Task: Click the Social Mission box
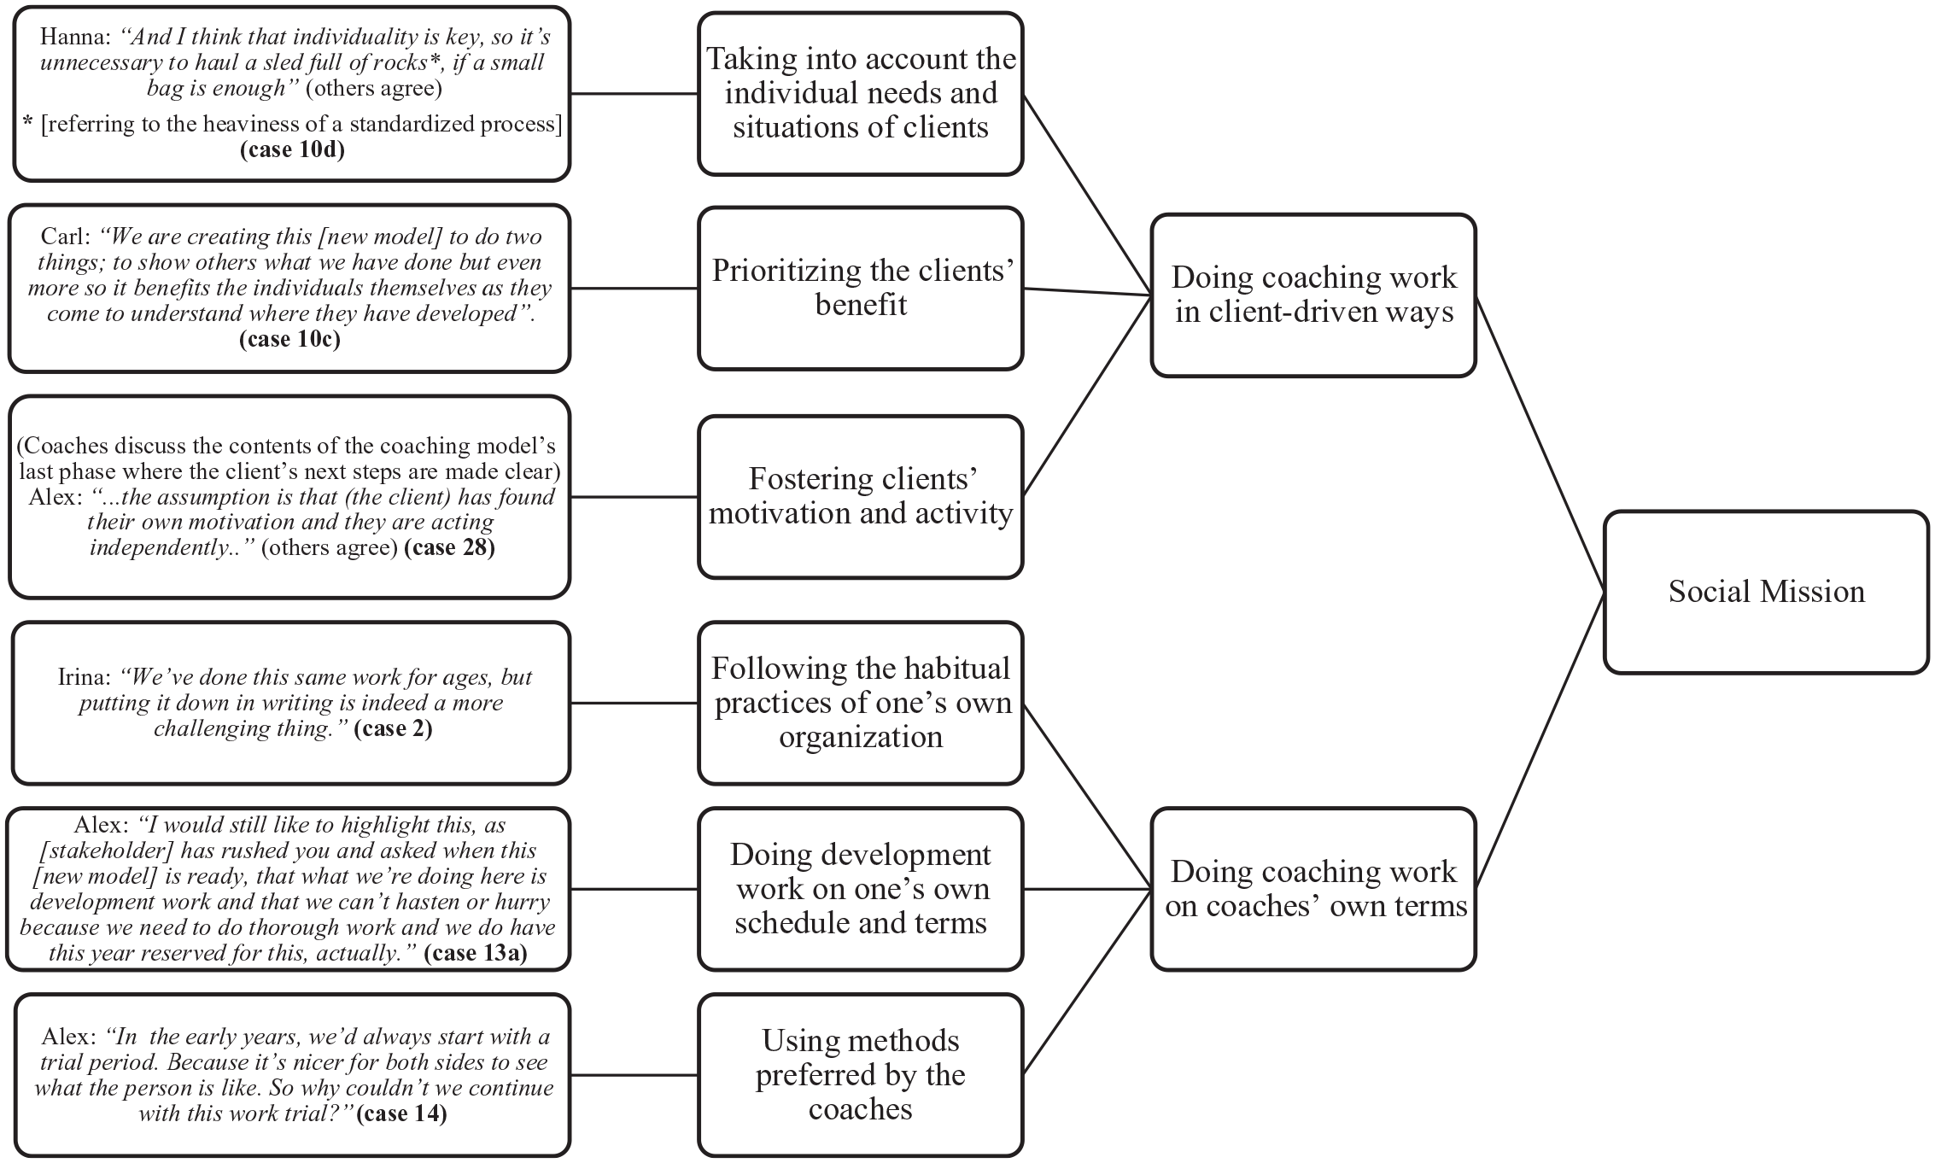(1766, 592)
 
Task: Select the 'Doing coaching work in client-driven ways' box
(1313, 295)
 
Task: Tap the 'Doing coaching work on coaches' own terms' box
(1313, 889)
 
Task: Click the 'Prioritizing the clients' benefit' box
(861, 288)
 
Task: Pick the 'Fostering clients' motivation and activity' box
(861, 496)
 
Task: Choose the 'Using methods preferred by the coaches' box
(861, 1074)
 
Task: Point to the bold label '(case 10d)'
(292, 149)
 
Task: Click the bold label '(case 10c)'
(289, 339)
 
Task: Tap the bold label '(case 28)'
(449, 546)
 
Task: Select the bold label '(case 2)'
(393, 728)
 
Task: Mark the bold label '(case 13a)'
(476, 953)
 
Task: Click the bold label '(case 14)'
(401, 1113)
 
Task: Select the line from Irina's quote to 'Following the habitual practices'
(634, 703)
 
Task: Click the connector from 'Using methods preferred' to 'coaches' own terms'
(1087, 981)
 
